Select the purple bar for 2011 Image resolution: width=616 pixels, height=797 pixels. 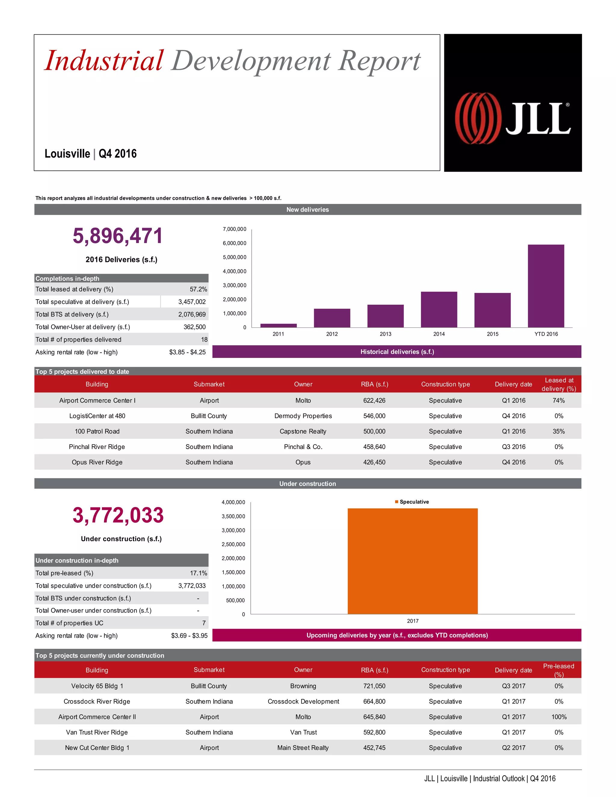click(279, 325)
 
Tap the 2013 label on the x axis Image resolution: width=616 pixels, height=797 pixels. click(385, 334)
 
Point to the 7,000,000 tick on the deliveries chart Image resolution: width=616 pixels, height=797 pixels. click(234, 229)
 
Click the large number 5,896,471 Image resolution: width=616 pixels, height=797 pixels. click(118, 236)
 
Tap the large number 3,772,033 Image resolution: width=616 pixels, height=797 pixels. click(118, 515)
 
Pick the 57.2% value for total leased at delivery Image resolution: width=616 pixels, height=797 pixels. click(198, 289)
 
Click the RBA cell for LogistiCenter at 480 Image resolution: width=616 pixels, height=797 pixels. click(374, 416)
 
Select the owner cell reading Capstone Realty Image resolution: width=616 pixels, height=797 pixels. click(303, 431)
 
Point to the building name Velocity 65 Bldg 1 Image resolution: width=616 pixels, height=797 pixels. click(97, 686)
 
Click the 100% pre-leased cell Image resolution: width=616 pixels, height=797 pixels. click(559, 717)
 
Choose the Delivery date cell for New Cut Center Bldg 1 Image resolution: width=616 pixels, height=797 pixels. click(513, 748)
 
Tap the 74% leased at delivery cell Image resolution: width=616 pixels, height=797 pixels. click(559, 400)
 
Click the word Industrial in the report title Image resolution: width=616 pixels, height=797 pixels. click(104, 60)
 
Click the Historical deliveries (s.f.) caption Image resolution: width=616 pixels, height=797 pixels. click(397, 352)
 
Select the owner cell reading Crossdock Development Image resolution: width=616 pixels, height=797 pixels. click(303, 701)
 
